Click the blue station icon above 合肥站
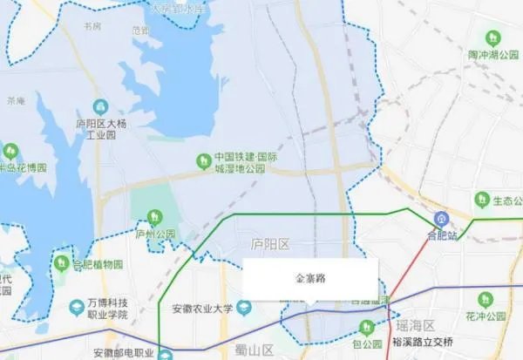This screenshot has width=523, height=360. point(442,217)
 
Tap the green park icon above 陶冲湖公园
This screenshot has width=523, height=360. point(492,37)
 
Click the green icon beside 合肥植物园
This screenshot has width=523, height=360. point(61,262)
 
